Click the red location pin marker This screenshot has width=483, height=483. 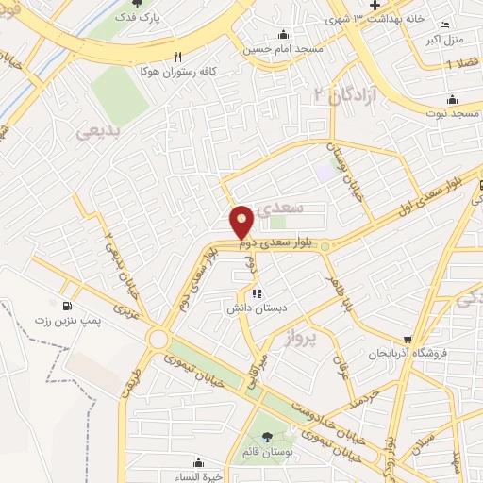pos(242,222)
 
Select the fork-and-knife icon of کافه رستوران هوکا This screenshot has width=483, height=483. pos(176,56)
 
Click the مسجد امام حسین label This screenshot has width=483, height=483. pos(283,48)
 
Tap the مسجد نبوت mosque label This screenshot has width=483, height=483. pos(451,113)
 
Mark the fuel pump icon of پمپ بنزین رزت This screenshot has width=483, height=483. pos(67,307)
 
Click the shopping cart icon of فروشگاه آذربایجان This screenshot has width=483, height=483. pos(408,341)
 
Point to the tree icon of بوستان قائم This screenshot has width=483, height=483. pos(267,436)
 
